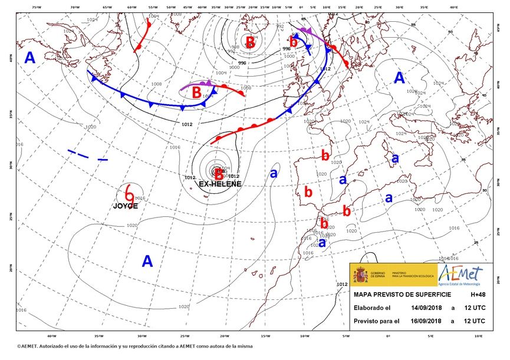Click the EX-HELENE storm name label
pyautogui.click(x=220, y=184)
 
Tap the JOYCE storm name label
pyautogui.click(x=126, y=206)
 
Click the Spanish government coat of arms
pyautogui.click(x=359, y=275)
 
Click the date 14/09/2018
pyautogui.click(x=427, y=308)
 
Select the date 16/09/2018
pyautogui.click(x=427, y=321)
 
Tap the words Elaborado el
pyautogui.click(x=373, y=308)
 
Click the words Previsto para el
pyautogui.click(x=376, y=321)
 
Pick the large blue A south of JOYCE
pyautogui.click(x=147, y=261)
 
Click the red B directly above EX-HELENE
pyautogui.click(x=219, y=173)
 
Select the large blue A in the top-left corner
pyautogui.click(x=29, y=57)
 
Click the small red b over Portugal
pyautogui.click(x=307, y=191)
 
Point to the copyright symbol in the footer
pyautogui.click(x=19, y=346)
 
